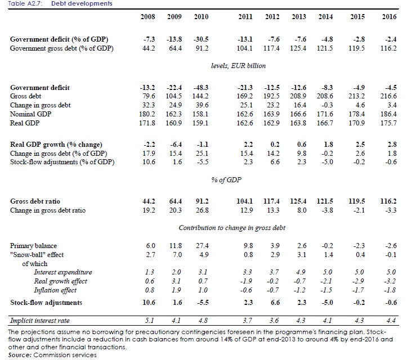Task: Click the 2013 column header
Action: click(299, 17)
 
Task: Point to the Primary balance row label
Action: click(34, 246)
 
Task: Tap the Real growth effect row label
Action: click(60, 281)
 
